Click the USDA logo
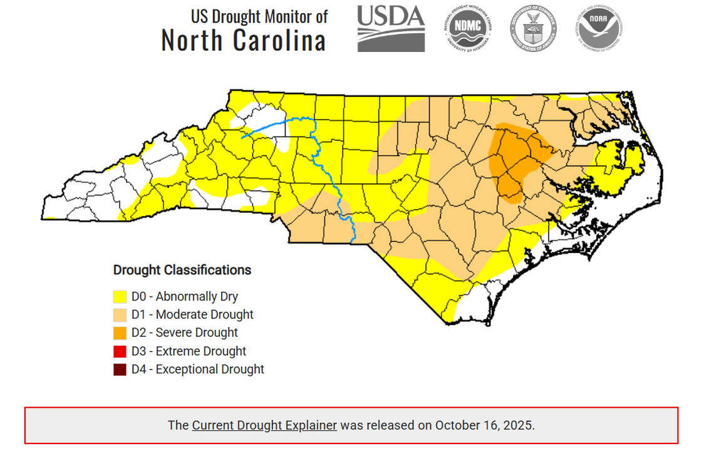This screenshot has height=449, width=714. click(x=391, y=29)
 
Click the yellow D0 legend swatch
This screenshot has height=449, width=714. click(x=120, y=297)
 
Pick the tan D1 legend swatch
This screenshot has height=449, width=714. click(x=120, y=315)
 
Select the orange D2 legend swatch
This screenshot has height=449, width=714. click(x=120, y=333)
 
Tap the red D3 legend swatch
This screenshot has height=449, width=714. click(x=120, y=351)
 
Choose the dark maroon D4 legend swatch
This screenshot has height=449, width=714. click(x=120, y=369)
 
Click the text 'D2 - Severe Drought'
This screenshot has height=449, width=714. click(x=184, y=333)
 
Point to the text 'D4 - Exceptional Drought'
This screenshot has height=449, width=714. click(x=197, y=369)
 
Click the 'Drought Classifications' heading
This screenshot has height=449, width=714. click(x=182, y=270)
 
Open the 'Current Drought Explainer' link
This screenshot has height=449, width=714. click(x=264, y=425)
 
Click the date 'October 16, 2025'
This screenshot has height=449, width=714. click(x=484, y=425)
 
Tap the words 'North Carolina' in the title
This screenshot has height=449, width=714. click(x=244, y=40)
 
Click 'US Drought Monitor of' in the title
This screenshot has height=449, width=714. click(x=259, y=16)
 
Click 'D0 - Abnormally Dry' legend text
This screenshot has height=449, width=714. click(x=184, y=296)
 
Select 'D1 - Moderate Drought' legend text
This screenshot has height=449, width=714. click(x=192, y=314)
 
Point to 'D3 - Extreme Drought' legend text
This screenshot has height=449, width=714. click(x=188, y=351)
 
